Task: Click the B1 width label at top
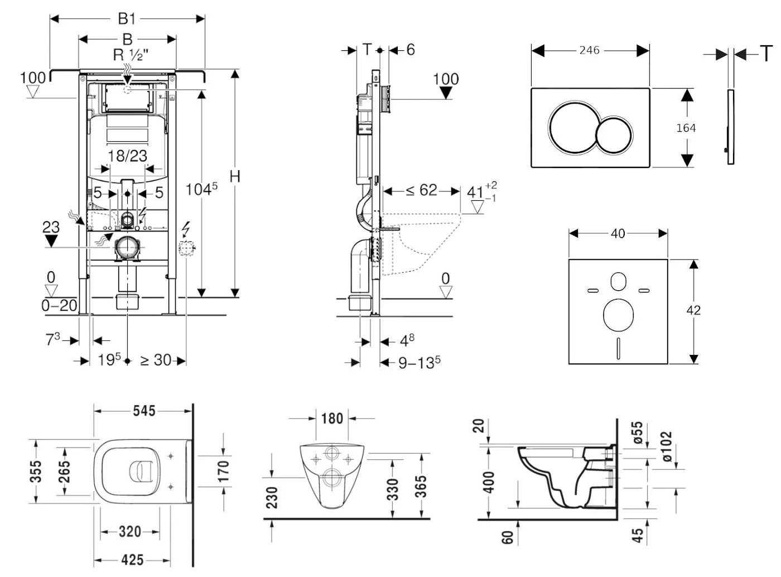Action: pos(127,18)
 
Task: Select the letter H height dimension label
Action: pos(235,176)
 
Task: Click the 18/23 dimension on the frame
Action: pos(128,156)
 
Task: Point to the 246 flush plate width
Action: pos(589,50)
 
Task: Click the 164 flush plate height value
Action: pos(686,128)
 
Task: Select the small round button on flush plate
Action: pos(614,135)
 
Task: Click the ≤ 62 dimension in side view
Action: pos(421,191)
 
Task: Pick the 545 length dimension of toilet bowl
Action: pos(144,411)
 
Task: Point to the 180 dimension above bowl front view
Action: pos(332,418)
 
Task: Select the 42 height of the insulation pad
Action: pos(693,310)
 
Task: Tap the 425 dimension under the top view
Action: pos(132,559)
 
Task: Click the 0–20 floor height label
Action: pos(59,306)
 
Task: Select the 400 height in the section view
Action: pos(489,483)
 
